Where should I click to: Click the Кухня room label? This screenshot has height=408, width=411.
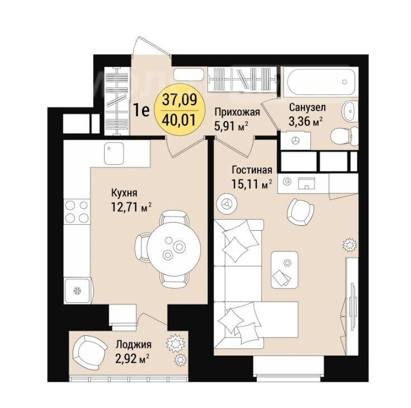coord(124,193)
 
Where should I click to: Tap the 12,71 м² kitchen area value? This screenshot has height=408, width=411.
coord(131,207)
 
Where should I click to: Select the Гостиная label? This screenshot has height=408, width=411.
coord(252,170)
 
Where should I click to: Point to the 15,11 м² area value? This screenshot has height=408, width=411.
coord(251,184)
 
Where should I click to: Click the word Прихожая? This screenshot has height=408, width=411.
coord(237,112)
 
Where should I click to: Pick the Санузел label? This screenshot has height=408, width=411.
coord(308,107)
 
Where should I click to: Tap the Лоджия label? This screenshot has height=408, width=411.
coord(134,344)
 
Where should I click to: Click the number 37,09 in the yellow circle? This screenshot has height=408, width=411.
coord(179,100)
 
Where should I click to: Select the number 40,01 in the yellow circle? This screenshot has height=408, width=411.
coord(179,120)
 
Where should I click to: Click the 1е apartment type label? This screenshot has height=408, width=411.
coord(141,110)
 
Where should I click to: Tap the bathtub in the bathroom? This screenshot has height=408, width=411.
coord(321,82)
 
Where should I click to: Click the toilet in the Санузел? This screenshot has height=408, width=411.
coord(344,136)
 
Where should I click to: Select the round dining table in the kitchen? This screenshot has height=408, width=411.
coord(174,248)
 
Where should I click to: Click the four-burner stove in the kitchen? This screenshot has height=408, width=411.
coord(77,212)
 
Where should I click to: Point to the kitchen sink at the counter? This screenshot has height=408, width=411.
coord(114,154)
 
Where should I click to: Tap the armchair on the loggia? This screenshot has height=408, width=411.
coord(89,353)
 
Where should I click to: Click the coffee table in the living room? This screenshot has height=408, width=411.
coord(285,269)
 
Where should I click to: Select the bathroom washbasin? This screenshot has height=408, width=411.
coord(350,111)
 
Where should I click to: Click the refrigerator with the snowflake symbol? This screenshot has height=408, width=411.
coord(78,290)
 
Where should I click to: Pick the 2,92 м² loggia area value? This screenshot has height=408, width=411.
coord(133,358)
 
